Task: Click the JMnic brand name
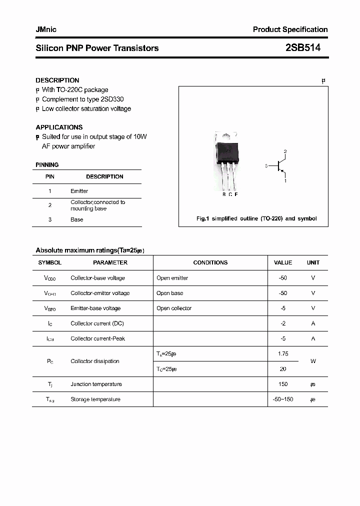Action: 46,29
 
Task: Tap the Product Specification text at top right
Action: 290,29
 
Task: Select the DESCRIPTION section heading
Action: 57,80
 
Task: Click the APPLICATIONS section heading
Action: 59,127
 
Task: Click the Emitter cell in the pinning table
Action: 79,191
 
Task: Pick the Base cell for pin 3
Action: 77,219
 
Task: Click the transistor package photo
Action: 226,160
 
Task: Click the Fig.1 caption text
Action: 256,218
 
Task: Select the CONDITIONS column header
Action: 210,262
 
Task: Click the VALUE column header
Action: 283,262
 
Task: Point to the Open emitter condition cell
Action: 172,278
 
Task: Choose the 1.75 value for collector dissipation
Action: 283,353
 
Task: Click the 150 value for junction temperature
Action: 283,384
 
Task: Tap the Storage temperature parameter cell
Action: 95,399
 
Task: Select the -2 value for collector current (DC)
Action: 283,323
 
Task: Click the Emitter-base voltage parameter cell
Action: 95,308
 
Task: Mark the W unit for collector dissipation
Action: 313,361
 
